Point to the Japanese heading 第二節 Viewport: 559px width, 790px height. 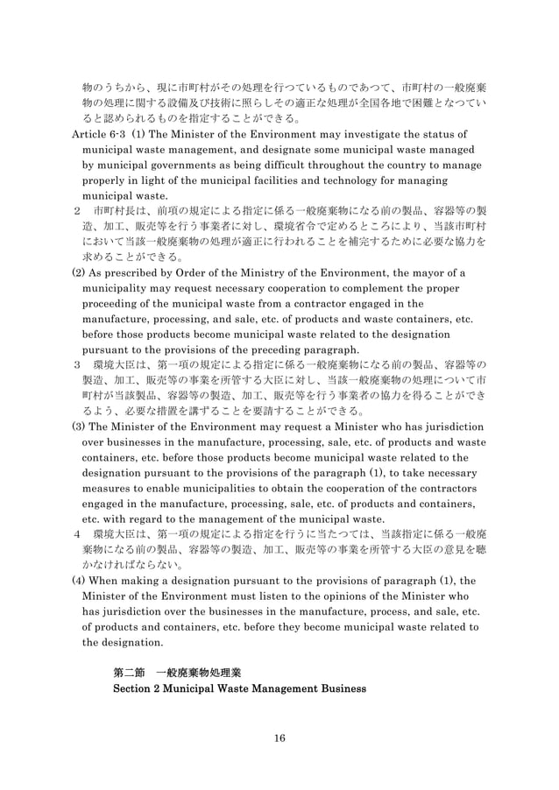tap(129, 672)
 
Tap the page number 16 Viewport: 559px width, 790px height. tap(279, 737)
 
